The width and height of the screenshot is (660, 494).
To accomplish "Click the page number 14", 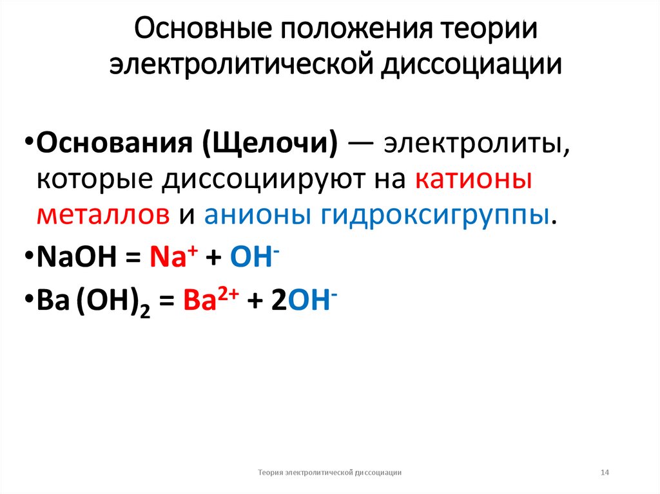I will click(x=605, y=473).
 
